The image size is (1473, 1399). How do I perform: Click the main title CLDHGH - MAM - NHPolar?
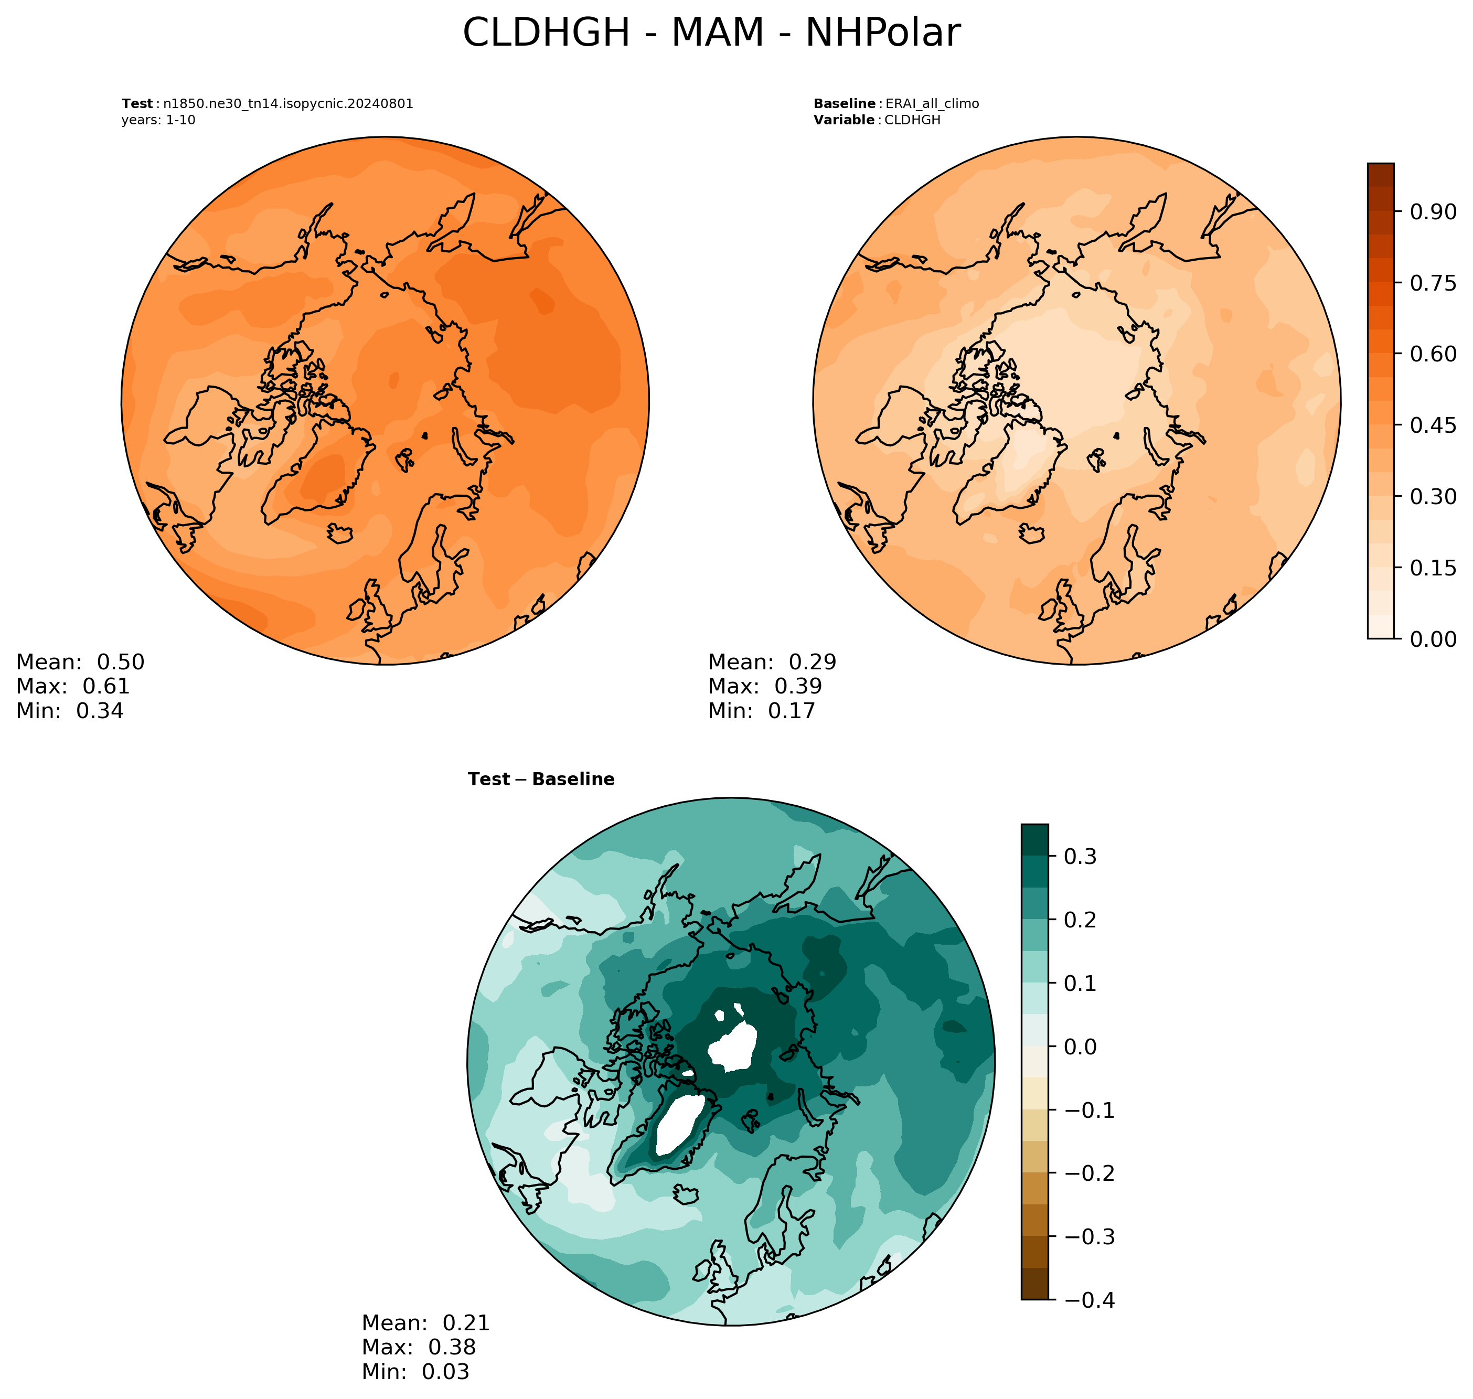pyautogui.click(x=711, y=34)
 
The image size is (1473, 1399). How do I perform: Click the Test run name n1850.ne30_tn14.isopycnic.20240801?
pyautogui.click(x=288, y=104)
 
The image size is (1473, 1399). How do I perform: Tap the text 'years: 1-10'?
pyautogui.click(x=158, y=120)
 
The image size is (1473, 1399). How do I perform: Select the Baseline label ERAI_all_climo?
pyautogui.click(x=932, y=104)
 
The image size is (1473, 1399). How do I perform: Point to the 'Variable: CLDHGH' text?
pyautogui.click(x=877, y=120)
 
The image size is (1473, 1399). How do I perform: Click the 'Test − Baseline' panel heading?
pyautogui.click(x=541, y=779)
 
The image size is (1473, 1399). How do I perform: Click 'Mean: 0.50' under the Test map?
pyautogui.click(x=81, y=662)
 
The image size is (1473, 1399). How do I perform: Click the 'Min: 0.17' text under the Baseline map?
pyautogui.click(x=762, y=711)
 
